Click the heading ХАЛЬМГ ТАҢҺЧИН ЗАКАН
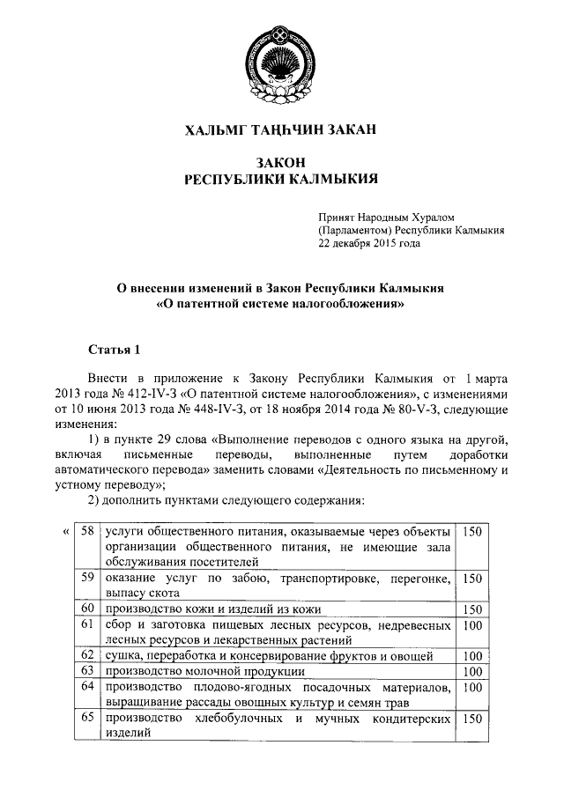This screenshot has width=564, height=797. pos(281,130)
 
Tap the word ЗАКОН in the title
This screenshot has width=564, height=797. pos(281,163)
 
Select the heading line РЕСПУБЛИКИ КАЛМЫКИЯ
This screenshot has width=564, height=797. pos(281,180)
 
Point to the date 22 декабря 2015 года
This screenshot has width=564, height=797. pos(369,245)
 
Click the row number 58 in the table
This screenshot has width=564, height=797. pos(86,532)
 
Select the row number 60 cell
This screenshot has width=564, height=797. pos(86,609)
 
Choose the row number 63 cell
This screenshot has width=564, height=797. pos(86,671)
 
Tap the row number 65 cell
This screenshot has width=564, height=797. pos(86,719)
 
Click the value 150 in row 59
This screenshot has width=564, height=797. pos(472,579)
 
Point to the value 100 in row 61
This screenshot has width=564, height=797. pos(472,624)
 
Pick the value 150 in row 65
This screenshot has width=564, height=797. pos(472,720)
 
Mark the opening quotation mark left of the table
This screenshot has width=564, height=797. pos(66,532)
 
